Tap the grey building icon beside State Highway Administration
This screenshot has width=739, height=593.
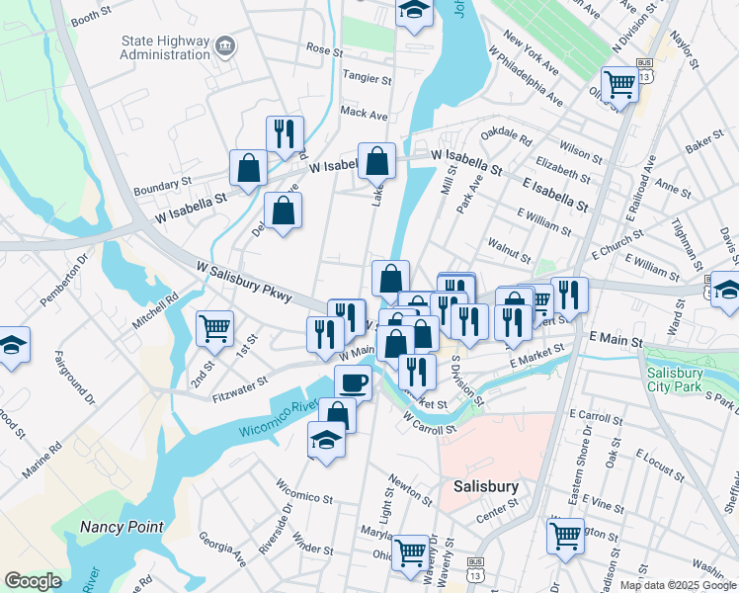tap(225, 45)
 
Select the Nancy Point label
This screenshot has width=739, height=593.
tap(122, 527)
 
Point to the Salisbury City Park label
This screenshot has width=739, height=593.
tap(681, 381)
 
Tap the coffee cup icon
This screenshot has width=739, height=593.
tap(353, 381)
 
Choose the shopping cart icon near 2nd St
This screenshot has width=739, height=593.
tap(214, 328)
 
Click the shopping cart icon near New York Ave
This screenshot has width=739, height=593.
tap(619, 85)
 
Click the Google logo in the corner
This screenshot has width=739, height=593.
tap(33, 581)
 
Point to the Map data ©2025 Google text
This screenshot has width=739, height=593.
tap(678, 585)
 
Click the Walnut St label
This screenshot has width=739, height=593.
tap(510, 243)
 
